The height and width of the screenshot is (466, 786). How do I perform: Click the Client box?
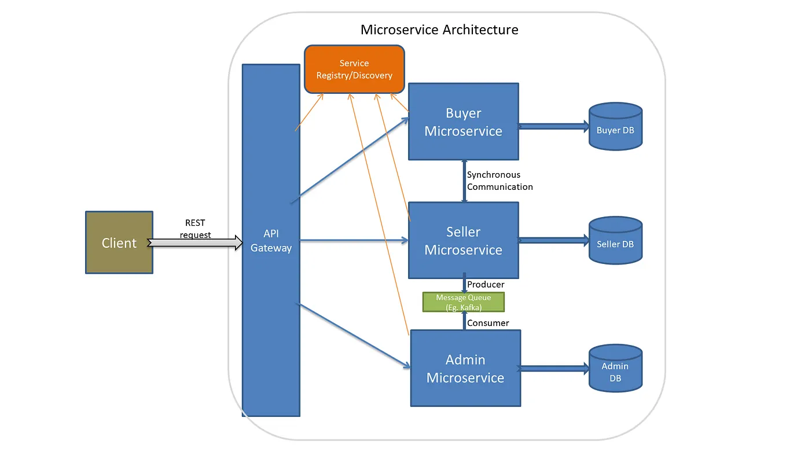click(119, 243)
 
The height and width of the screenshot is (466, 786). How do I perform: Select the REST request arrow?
click(195, 243)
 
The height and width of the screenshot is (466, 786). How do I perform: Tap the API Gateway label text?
click(271, 240)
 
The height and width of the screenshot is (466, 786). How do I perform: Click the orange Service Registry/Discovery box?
click(354, 69)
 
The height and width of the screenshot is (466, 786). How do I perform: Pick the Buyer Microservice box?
click(463, 122)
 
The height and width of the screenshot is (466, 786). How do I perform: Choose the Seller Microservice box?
click(463, 240)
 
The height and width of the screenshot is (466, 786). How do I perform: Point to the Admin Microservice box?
click(465, 368)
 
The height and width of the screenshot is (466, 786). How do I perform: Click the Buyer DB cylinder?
click(615, 127)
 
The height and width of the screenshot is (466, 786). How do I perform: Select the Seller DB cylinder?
click(615, 241)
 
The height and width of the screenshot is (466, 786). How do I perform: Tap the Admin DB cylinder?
click(615, 369)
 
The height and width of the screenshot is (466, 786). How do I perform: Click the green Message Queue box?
click(463, 302)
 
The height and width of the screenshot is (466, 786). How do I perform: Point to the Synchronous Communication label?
click(499, 181)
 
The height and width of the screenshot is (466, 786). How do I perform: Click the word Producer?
click(486, 284)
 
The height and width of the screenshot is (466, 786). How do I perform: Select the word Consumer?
click(488, 323)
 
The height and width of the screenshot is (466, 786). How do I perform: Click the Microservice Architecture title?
click(439, 30)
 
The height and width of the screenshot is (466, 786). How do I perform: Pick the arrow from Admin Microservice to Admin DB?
click(554, 368)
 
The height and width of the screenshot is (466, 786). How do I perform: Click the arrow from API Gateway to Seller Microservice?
click(353, 240)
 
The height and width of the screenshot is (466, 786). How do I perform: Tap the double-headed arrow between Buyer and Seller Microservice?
click(464, 181)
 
